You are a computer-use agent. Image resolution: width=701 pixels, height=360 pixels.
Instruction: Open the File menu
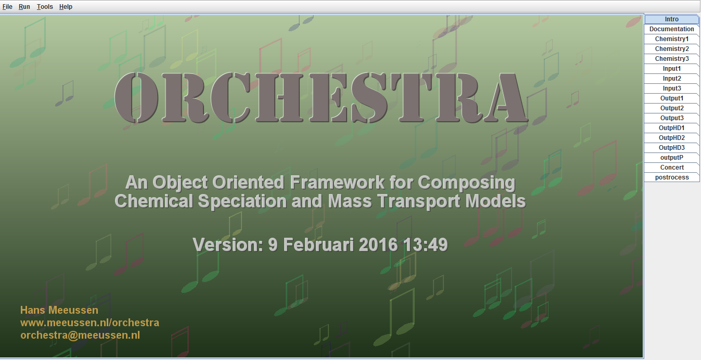pos(7,7)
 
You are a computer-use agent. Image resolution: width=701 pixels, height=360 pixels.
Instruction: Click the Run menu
pos(24,7)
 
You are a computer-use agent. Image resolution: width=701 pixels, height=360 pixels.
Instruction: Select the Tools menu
pos(45,7)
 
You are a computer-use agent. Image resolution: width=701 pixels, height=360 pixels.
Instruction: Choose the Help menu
pos(66,7)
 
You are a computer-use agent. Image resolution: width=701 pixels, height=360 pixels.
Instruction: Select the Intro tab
pos(671,19)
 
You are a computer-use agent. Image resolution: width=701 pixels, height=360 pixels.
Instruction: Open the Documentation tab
pos(671,29)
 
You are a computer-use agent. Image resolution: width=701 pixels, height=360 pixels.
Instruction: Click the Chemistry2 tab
pos(671,49)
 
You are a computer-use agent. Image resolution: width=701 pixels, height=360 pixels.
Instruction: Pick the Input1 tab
pos(671,69)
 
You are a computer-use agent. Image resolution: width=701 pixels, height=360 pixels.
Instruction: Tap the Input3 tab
pos(671,88)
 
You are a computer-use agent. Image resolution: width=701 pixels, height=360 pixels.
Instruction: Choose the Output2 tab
pos(671,108)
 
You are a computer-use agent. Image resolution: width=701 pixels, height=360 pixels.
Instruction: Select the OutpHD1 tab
pos(671,128)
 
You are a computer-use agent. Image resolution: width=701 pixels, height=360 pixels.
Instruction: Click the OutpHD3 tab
pos(671,148)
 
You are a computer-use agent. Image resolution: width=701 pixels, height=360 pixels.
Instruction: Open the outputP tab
pos(671,158)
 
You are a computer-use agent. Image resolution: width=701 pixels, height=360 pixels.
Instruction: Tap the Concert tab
pos(671,168)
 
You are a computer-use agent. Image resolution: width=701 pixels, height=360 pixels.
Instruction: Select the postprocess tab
pos(671,177)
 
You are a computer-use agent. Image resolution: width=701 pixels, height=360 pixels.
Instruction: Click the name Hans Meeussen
pos(59,310)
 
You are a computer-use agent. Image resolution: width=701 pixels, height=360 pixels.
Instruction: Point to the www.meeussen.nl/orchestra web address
pos(90,323)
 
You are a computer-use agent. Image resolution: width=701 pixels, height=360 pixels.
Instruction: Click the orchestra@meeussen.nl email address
pos(80,336)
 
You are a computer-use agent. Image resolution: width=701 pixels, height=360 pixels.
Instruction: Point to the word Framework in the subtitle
pos(337,182)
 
